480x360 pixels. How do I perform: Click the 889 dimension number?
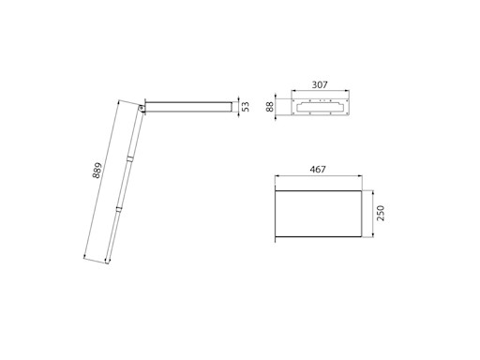97,171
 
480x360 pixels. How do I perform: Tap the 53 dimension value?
247,107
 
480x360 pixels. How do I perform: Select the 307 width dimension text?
320,84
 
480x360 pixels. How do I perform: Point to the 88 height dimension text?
270,106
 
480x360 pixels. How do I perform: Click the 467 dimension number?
318,170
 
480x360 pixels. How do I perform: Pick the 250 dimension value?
381,213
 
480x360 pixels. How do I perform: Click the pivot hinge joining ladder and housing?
142,108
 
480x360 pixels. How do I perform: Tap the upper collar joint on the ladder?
129,158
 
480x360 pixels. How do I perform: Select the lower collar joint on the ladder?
119,209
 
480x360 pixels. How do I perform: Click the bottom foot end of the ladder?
107,262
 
